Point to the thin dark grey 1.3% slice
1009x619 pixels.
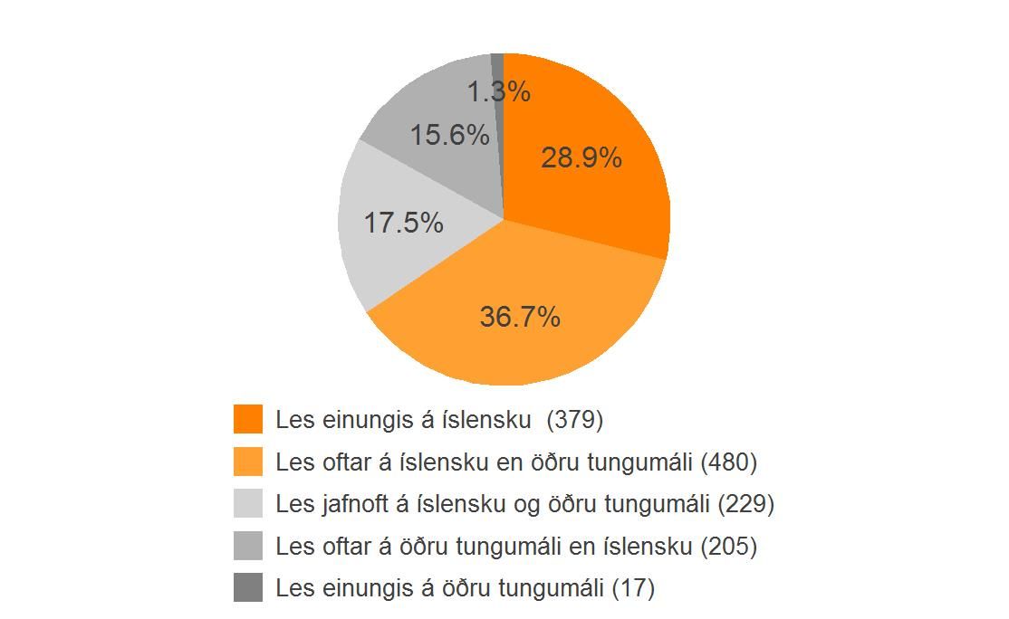pyautogui.click(x=498, y=63)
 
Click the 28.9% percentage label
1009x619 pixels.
pyautogui.click(x=581, y=158)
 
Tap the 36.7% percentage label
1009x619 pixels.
pyautogui.click(x=520, y=318)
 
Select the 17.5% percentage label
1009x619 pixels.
pyautogui.click(x=403, y=223)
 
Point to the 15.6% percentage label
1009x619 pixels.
pyautogui.click(x=449, y=136)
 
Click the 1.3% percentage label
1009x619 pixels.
pyautogui.click(x=499, y=91)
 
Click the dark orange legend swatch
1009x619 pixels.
pyautogui.click(x=248, y=419)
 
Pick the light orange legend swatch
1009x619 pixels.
pyautogui.click(x=248, y=462)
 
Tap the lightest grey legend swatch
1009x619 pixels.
pyautogui.click(x=248, y=503)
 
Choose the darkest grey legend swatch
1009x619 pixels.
pyautogui.click(x=248, y=588)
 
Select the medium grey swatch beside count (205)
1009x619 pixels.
pyautogui.click(x=248, y=546)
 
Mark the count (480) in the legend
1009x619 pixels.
pyautogui.click(x=729, y=462)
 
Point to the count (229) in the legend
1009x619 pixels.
pyautogui.click(x=745, y=504)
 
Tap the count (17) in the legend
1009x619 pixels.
pyautogui.click(x=633, y=589)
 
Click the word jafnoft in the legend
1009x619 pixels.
pyautogui.click(x=354, y=504)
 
